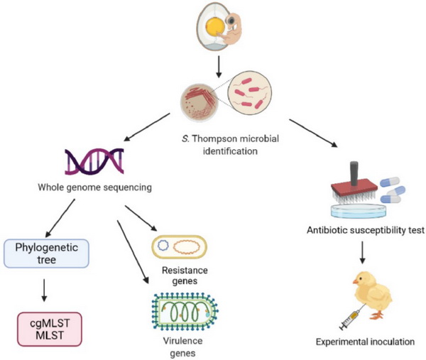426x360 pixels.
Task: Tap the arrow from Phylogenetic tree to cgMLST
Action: [x=47, y=290]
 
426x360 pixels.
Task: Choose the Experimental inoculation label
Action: [x=366, y=343]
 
